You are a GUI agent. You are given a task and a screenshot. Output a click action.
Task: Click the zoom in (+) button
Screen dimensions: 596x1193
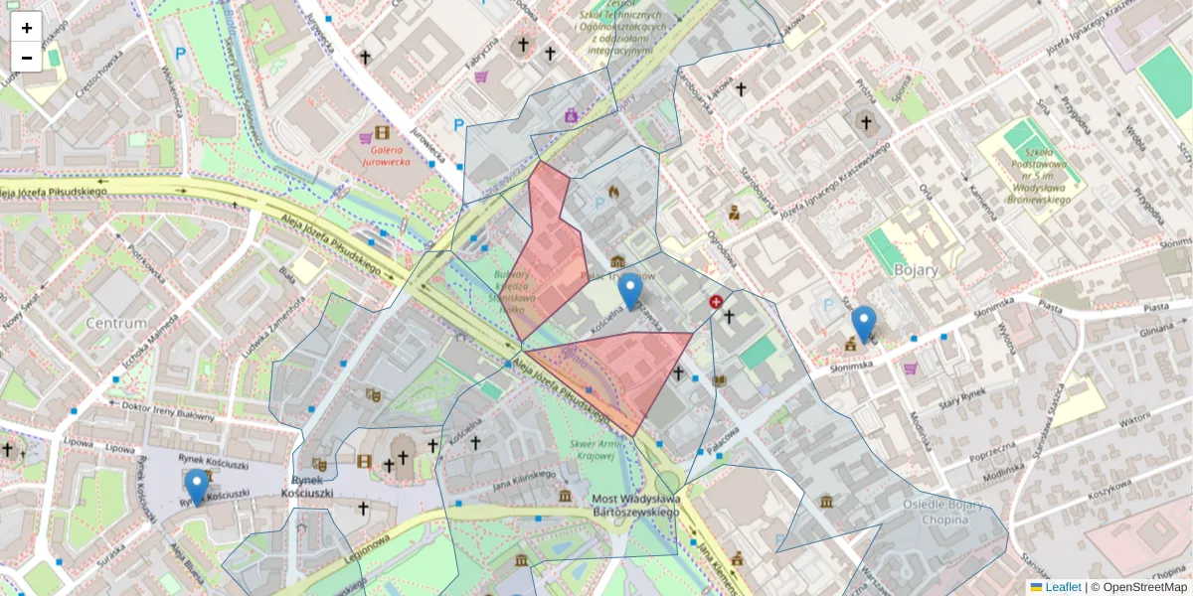(27, 28)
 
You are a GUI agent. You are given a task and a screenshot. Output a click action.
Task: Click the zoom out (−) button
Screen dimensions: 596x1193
(27, 58)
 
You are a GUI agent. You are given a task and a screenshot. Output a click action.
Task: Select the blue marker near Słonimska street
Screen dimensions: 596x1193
(864, 324)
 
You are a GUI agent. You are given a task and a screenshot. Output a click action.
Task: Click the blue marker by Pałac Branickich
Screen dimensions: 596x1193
(629, 291)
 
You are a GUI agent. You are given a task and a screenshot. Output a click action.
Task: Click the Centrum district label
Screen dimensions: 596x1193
(116, 323)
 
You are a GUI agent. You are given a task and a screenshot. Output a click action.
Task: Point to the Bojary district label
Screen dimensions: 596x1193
(916, 269)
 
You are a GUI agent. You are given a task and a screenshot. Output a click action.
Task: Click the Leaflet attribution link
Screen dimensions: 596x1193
(1063, 587)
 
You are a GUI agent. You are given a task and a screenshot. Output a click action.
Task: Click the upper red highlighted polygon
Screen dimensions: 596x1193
(550, 248)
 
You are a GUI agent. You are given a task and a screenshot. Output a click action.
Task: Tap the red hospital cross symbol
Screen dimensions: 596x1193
(716, 301)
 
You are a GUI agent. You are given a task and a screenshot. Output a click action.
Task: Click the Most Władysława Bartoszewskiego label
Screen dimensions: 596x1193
(635, 505)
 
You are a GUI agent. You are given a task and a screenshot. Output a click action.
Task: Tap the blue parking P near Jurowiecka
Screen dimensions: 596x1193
(458, 124)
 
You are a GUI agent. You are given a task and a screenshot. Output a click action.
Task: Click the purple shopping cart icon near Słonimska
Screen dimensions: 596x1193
(910, 369)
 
